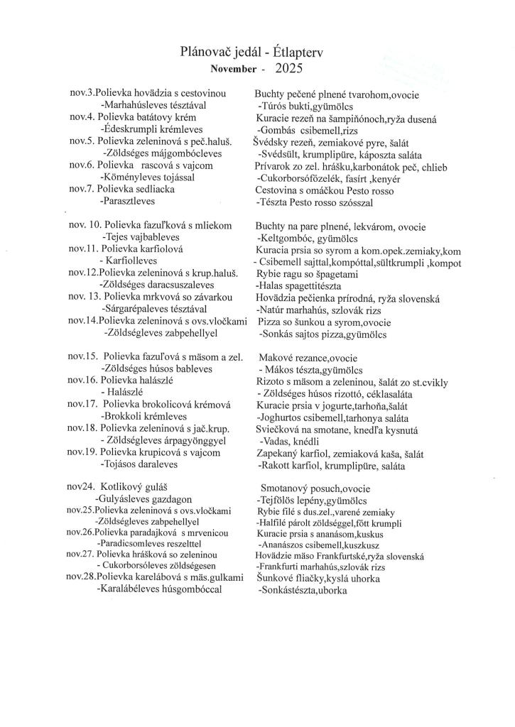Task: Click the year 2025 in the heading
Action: [288, 69]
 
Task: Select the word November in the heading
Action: [232, 70]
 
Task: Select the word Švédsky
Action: [272, 142]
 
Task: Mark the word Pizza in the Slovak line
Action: [271, 322]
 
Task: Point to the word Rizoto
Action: [271, 381]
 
